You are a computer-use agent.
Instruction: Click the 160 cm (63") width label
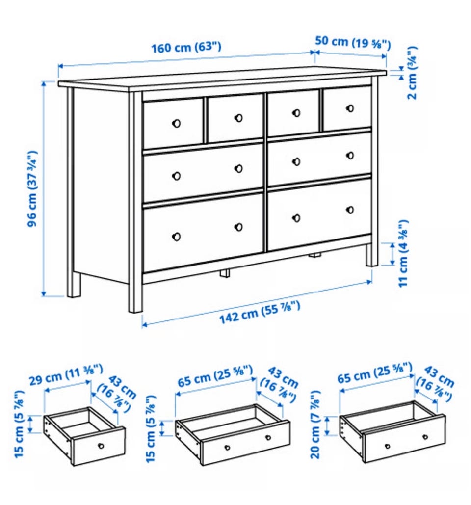[186, 47]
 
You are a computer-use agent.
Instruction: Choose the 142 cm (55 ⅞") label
[260, 312]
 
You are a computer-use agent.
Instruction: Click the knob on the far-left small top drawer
[176, 123]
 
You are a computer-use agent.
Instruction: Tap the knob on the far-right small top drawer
[350, 108]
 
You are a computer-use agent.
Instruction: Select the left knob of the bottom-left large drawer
[176, 237]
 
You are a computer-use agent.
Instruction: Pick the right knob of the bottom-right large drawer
[350, 210]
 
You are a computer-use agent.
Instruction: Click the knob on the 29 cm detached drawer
[101, 446]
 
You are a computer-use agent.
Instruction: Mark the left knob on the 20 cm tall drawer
[387, 446]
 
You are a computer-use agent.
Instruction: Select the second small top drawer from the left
[235, 118]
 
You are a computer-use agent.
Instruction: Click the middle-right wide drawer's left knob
[296, 161]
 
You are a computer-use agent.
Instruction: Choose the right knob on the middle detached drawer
[268, 437]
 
